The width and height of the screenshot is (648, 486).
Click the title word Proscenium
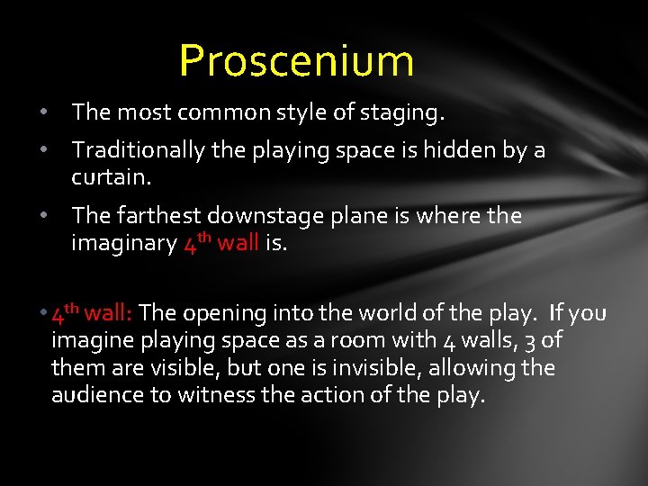[x=296, y=61]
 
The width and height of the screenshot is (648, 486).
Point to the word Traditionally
[x=139, y=150]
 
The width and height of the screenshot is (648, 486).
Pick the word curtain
[x=110, y=176]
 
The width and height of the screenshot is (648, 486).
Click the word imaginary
[x=123, y=243]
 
